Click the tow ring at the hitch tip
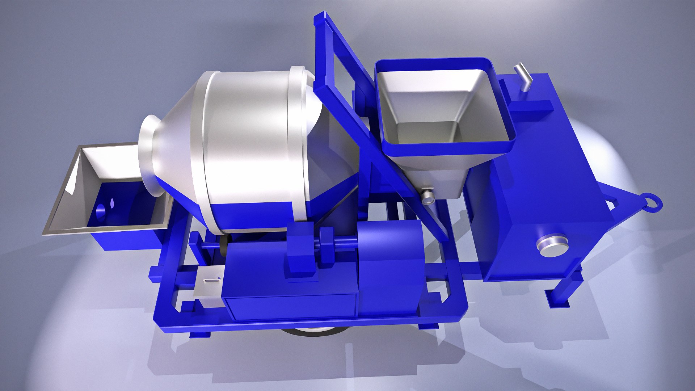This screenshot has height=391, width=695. [651, 202]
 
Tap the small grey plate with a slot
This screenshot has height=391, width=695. [210, 282]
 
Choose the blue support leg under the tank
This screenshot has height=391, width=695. [565, 290]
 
